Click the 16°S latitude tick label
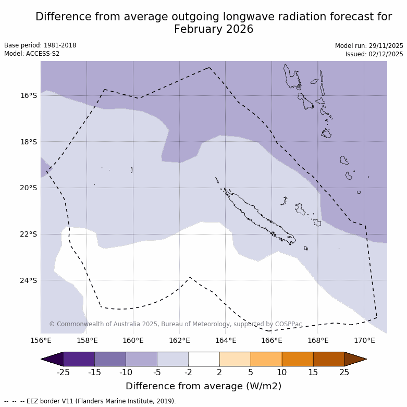click(28, 95)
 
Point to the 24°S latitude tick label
click(28, 280)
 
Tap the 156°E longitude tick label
click(41, 341)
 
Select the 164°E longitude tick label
click(226, 341)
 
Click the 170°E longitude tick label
click(364, 341)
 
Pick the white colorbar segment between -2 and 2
click(204, 359)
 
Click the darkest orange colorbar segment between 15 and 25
click(329, 359)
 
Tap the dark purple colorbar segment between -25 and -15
click(79, 359)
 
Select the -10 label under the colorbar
click(126, 372)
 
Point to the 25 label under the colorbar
click(344, 372)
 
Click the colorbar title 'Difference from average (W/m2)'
click(203, 386)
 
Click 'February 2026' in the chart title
click(214, 29)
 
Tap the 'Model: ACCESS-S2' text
click(32, 54)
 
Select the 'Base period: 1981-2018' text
click(40, 45)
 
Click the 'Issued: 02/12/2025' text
click(374, 54)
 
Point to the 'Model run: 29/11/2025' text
click(369, 46)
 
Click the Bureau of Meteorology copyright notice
click(176, 324)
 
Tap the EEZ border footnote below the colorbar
click(90, 401)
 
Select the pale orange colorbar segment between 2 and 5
click(235, 359)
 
